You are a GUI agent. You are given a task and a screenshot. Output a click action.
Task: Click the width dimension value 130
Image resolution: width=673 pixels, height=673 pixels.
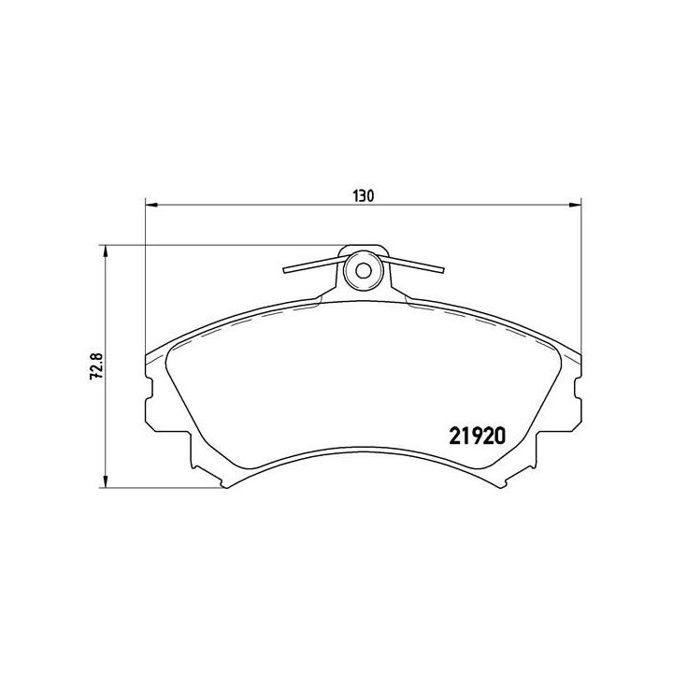pos(363,195)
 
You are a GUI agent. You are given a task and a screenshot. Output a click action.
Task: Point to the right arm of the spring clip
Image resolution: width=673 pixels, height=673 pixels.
pos(417,265)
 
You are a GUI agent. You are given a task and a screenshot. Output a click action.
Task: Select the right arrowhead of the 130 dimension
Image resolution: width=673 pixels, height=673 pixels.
pos(575,207)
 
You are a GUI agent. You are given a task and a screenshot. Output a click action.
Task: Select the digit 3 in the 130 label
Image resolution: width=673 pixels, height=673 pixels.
pos(363,195)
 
